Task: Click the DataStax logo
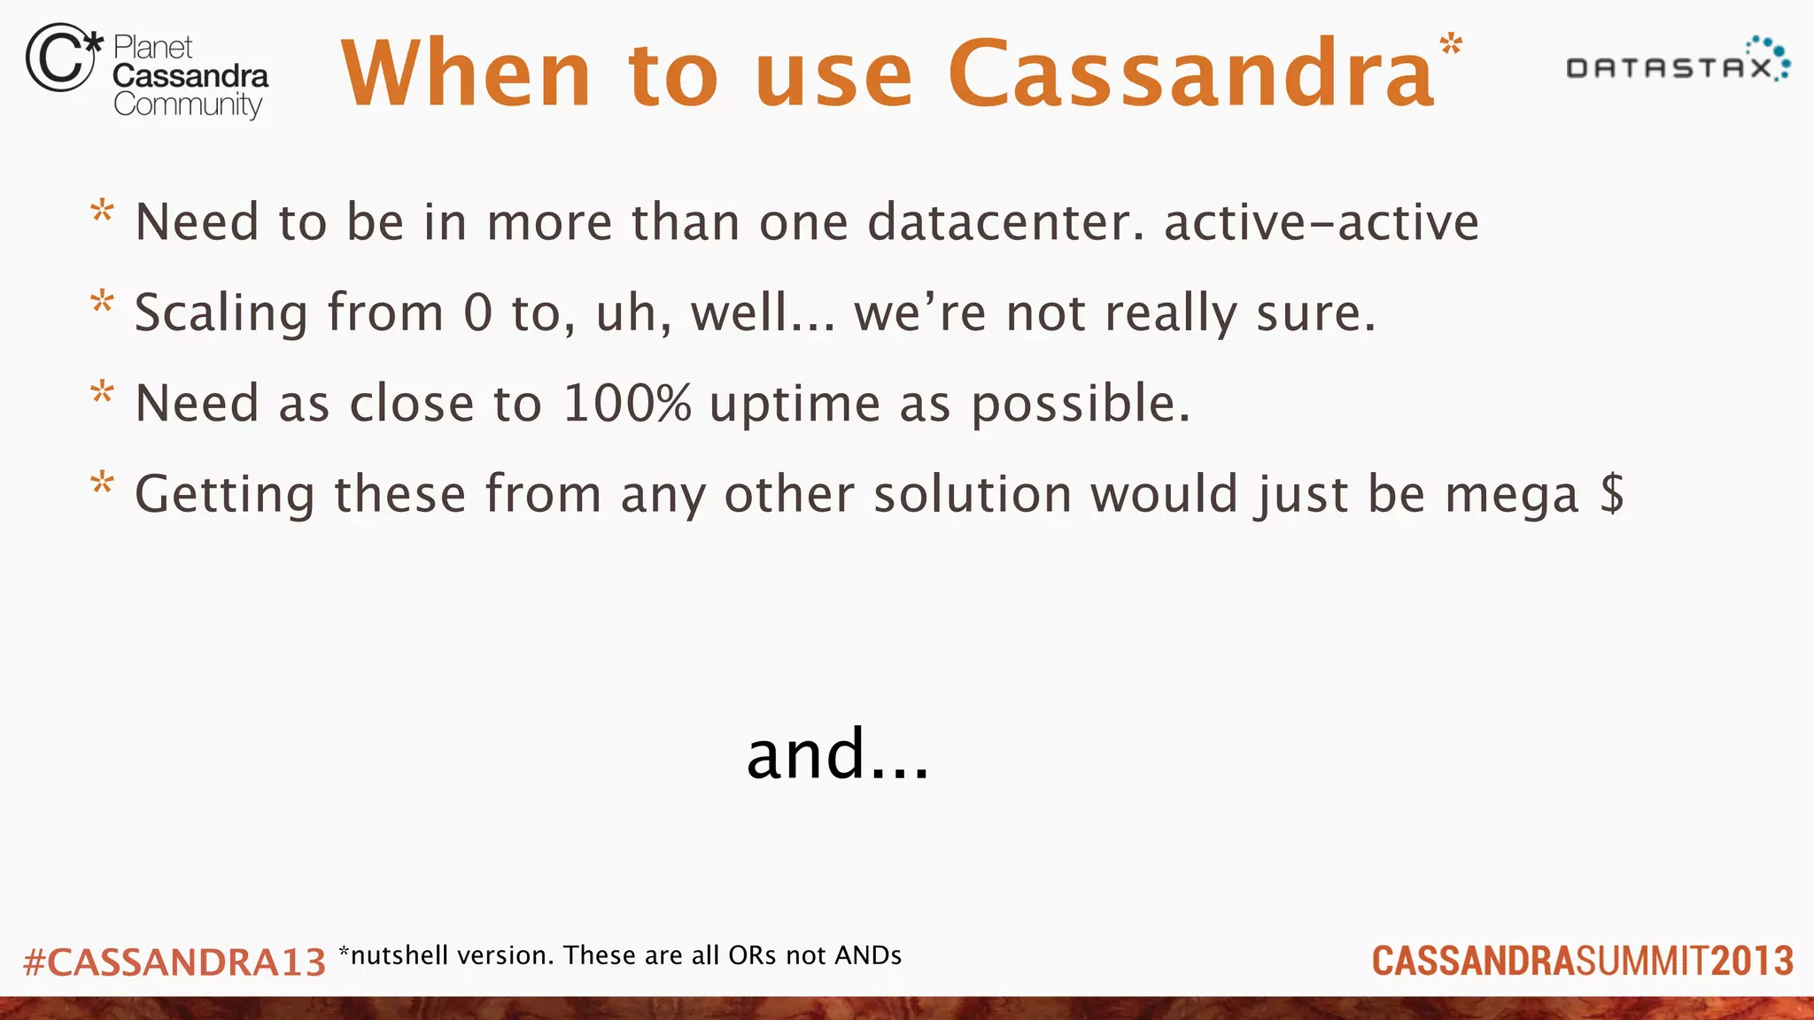(1677, 64)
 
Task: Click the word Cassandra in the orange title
(1191, 74)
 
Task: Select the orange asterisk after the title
(1451, 45)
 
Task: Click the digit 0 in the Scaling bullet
(477, 313)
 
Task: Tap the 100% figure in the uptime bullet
(626, 403)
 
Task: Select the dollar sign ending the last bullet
(1612, 493)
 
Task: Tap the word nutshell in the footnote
(399, 955)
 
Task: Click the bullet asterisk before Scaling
(103, 303)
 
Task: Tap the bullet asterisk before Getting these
(103, 483)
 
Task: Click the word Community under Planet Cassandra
(188, 105)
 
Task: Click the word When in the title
(466, 74)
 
